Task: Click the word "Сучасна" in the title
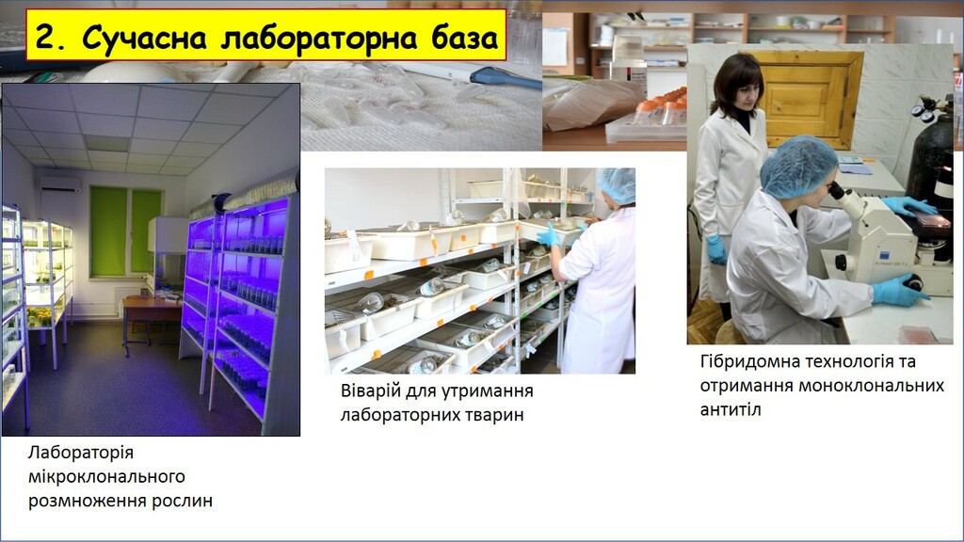tap(144, 37)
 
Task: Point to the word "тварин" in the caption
tap(494, 415)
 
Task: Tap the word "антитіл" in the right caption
tap(731, 409)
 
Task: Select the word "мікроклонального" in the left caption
tap(106, 477)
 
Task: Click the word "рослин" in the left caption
tap(183, 501)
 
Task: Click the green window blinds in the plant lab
tap(126, 231)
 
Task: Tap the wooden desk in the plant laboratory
tap(150, 311)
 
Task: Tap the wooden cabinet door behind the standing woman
tap(809, 98)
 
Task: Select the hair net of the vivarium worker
tap(618, 184)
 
